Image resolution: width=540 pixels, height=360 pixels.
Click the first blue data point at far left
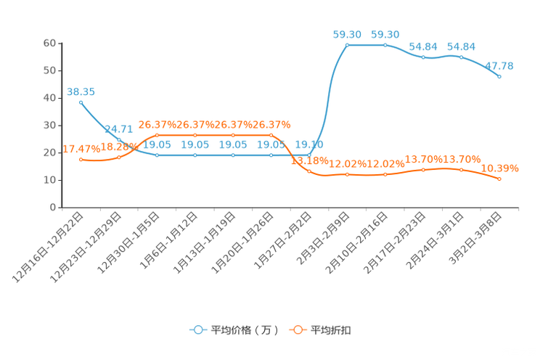tap(81, 102)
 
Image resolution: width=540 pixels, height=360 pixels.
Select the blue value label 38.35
tap(81, 92)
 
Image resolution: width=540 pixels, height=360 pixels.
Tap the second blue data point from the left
tap(119, 139)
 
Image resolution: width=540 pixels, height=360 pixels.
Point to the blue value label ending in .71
tap(119, 129)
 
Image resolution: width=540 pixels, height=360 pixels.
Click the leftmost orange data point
tap(81, 159)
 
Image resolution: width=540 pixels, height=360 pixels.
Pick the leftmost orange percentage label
tap(75, 149)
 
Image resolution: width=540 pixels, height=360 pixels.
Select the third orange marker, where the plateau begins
tap(157, 135)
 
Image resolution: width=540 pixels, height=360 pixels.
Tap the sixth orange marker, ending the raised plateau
tap(271, 135)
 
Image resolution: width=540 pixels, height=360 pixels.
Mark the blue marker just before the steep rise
tap(309, 155)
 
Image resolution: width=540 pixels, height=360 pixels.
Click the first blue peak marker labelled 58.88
tap(347, 45)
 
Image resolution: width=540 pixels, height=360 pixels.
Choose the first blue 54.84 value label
tap(423, 46)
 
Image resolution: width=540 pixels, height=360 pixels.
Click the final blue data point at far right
tap(500, 75)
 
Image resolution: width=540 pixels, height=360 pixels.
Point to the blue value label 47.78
tap(500, 66)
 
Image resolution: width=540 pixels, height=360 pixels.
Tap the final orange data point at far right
tap(500, 179)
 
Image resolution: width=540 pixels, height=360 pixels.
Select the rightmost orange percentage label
tap(501, 168)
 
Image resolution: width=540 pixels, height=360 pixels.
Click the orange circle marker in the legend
tap(297, 330)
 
